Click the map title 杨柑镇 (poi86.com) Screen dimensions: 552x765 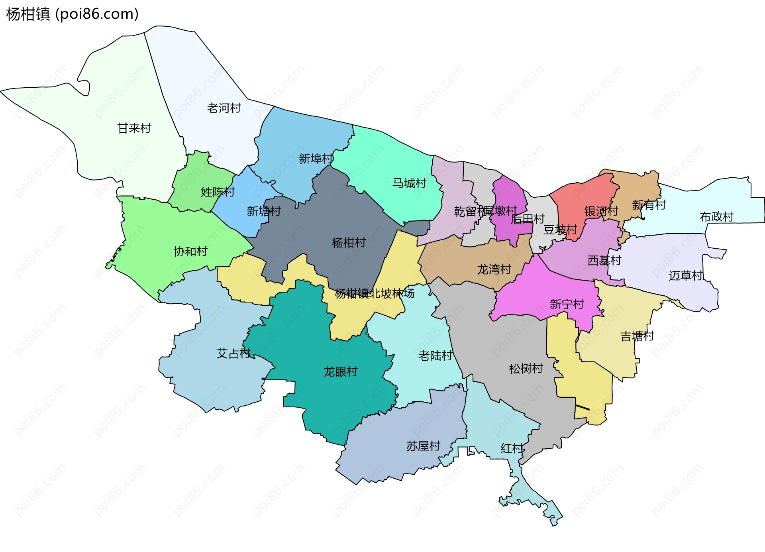(73, 14)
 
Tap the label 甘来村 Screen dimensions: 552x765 (134, 128)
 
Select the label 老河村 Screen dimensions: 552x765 (224, 108)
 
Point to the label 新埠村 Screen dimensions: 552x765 (316, 159)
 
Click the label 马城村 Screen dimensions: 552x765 (409, 183)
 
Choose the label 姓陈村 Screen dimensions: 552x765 (218, 192)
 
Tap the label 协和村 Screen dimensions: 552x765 (190, 251)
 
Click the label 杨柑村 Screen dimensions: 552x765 (349, 243)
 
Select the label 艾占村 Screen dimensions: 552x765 (233, 354)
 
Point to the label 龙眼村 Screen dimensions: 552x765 (340, 372)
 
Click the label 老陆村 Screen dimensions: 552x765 (435, 356)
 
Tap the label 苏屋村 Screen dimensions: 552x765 (423, 446)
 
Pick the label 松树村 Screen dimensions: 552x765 (526, 369)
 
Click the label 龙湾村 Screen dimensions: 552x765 (494, 269)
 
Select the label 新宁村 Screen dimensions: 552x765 (567, 304)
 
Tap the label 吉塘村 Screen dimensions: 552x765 (637, 336)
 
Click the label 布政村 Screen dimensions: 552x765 (717, 217)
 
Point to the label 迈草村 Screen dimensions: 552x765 (685, 275)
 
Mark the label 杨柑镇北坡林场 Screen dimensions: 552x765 (375, 294)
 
